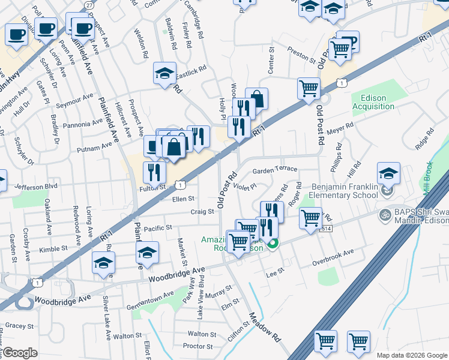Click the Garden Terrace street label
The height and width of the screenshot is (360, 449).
[x=275, y=170]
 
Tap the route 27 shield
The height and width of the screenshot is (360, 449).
[x=89, y=4]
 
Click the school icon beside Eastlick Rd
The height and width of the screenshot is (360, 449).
[x=164, y=74]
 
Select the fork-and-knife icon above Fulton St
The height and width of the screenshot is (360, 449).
[x=154, y=172]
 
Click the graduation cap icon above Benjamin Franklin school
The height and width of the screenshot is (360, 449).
[x=388, y=173]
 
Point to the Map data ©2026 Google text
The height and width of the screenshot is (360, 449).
[x=411, y=355]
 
